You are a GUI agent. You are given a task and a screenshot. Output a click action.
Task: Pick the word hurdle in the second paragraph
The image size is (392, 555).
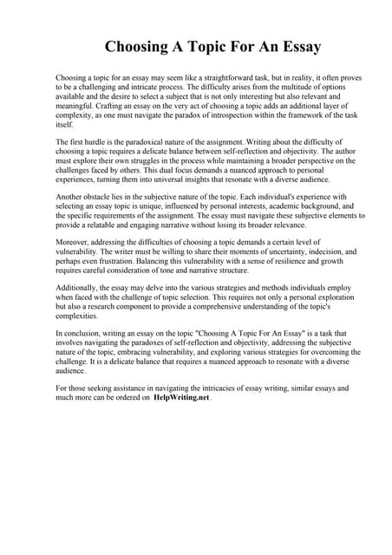point(95,141)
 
